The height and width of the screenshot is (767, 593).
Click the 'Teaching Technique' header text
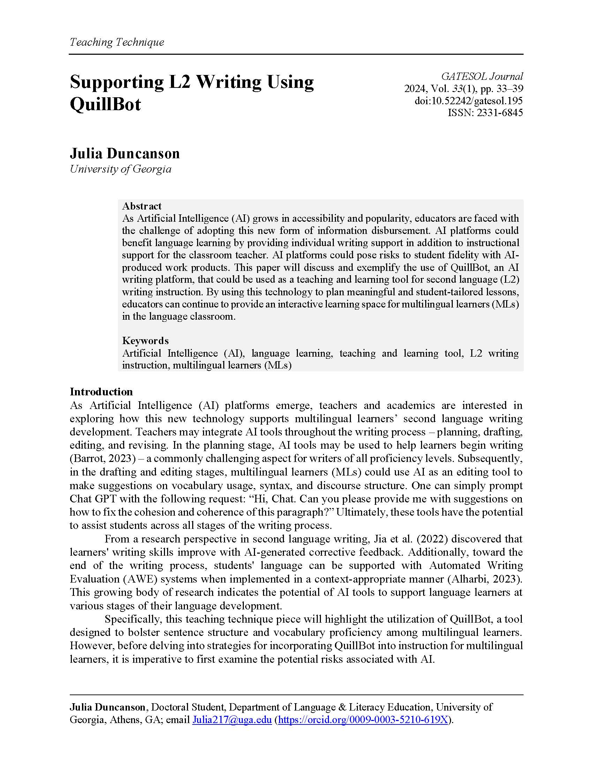[117, 42]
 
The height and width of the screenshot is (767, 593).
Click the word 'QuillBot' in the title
[105, 104]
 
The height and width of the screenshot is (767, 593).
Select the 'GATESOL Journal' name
[482, 76]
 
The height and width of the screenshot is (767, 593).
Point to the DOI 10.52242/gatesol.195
[468, 101]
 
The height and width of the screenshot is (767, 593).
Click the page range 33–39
[508, 89]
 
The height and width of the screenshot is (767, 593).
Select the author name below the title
[125, 153]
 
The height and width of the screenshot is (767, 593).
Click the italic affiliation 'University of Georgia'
[120, 169]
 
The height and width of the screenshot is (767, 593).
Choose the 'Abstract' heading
[142, 206]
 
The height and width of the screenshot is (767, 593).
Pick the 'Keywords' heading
[145, 341]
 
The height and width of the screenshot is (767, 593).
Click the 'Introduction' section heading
[101, 392]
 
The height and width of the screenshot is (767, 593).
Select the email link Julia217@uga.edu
[232, 720]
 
